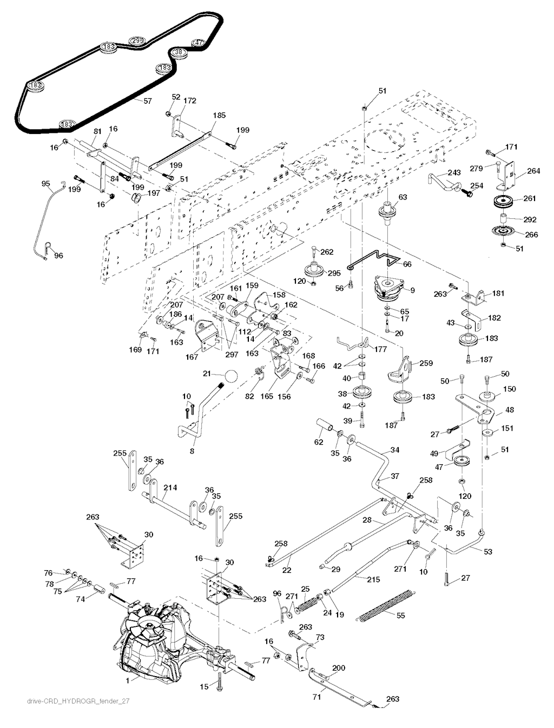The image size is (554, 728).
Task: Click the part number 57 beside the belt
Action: click(x=148, y=101)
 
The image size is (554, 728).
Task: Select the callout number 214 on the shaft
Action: click(x=170, y=487)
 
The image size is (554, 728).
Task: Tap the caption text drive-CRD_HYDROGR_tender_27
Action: click(x=78, y=701)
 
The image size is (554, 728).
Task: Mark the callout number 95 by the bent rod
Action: click(x=46, y=184)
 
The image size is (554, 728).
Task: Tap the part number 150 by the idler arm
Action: click(x=510, y=389)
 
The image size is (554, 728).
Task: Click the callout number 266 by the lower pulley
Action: click(x=532, y=234)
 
